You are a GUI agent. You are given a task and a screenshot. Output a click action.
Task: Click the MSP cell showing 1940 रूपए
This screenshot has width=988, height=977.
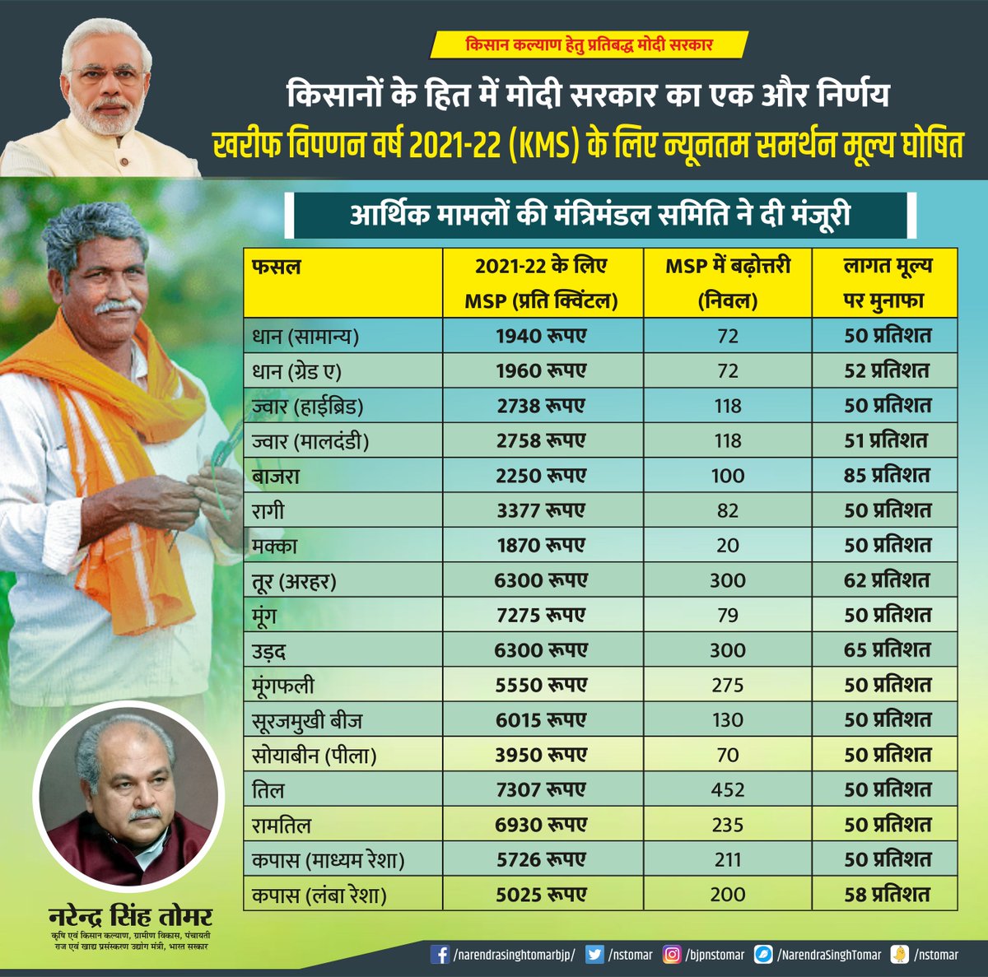click(x=541, y=336)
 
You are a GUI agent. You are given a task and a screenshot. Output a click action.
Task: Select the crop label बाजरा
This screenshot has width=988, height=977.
click(x=276, y=476)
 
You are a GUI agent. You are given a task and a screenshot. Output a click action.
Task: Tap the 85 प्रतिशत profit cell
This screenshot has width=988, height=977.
click(x=887, y=476)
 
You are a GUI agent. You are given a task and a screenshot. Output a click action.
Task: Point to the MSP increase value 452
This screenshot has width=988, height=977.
click(x=728, y=790)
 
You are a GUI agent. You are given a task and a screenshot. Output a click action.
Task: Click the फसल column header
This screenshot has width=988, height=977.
click(x=277, y=267)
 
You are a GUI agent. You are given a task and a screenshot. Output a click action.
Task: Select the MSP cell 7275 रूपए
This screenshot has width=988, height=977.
click(x=541, y=616)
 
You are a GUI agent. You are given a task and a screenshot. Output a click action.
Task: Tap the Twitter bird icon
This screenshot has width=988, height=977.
click(x=594, y=955)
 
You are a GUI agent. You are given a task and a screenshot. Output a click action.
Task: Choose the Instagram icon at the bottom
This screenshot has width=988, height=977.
click(x=673, y=955)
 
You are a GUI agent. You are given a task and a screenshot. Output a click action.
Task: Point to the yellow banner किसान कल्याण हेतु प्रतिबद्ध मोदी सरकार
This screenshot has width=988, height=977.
click(x=589, y=44)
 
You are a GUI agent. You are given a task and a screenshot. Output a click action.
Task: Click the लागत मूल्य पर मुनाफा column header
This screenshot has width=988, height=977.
click(x=887, y=283)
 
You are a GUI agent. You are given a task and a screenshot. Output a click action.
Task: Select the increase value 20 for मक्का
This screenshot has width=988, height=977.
click(x=728, y=546)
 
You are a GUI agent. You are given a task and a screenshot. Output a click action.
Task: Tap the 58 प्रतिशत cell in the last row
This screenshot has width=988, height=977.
click(x=887, y=895)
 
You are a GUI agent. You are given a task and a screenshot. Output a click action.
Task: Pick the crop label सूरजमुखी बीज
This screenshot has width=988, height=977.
click(x=307, y=721)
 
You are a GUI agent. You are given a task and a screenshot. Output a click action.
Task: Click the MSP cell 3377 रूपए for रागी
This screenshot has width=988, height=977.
click(x=541, y=511)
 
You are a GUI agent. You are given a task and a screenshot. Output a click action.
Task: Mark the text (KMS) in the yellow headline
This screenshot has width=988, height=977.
click(x=538, y=146)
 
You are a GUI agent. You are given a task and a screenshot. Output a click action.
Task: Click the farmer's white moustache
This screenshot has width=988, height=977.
click(x=117, y=305)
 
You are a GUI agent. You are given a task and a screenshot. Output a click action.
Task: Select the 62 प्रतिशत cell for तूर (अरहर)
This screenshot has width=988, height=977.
click(x=887, y=581)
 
